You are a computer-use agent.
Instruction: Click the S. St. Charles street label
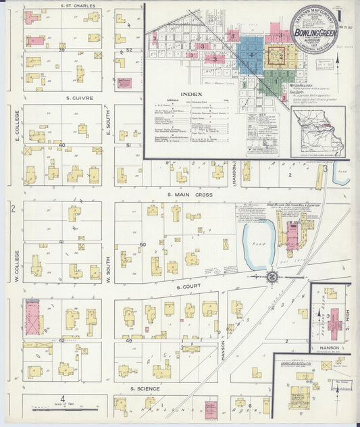(78, 5)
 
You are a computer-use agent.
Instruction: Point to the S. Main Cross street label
(190, 195)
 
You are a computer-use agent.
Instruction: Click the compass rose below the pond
(272, 276)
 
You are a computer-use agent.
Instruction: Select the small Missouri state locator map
(317, 132)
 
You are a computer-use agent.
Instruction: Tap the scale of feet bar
(63, 409)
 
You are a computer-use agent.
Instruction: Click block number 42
(61, 341)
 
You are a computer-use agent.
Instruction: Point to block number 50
(143, 244)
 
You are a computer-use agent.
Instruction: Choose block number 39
(61, 49)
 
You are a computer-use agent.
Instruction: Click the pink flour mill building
(292, 236)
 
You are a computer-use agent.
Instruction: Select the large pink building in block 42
(32, 318)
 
